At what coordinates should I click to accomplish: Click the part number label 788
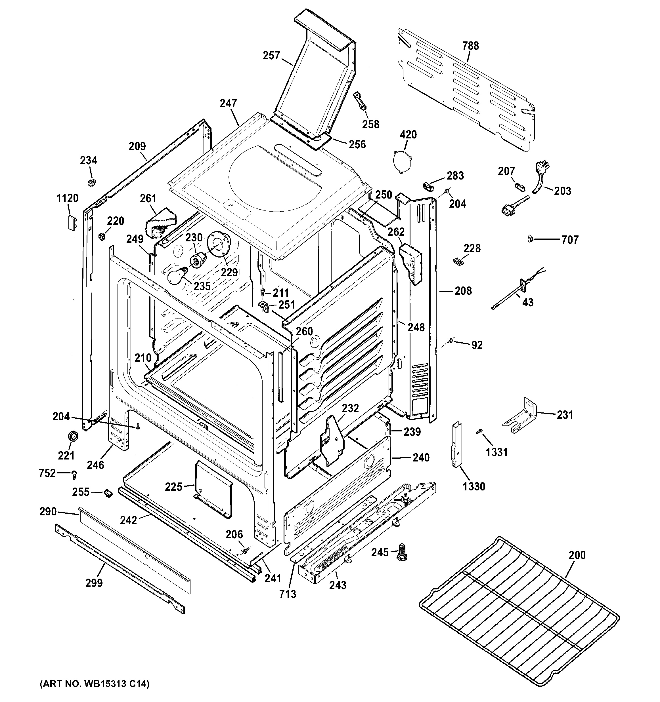click(471, 46)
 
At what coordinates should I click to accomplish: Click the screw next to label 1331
click(479, 431)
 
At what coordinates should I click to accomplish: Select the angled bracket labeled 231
click(521, 416)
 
